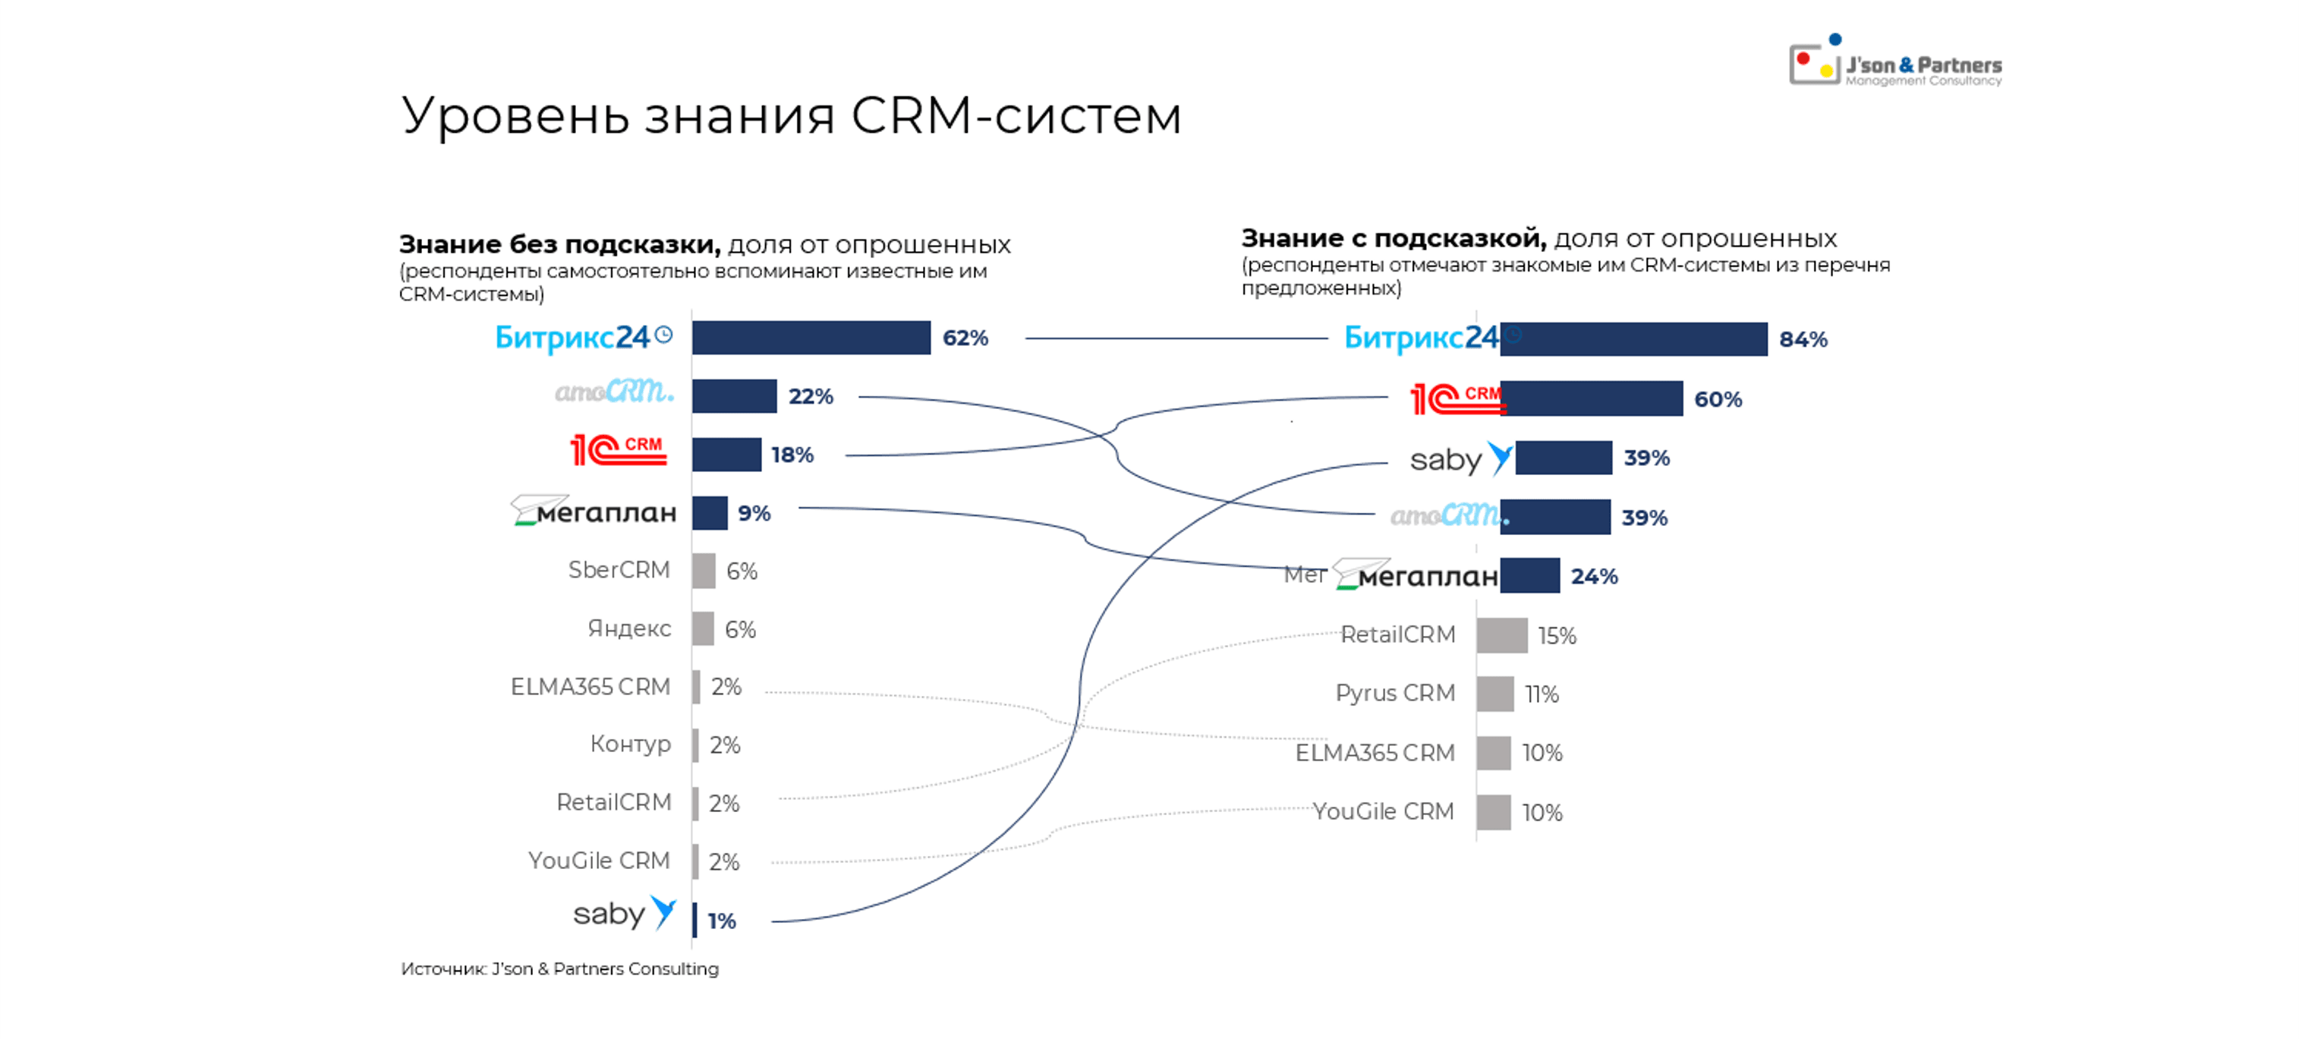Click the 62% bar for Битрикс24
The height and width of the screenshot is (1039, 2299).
[811, 338]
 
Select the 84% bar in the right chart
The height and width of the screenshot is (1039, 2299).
[1633, 339]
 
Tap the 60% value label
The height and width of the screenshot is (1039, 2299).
[1718, 399]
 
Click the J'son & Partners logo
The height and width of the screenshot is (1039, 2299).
[1896, 62]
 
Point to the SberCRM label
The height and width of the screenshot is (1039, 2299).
[619, 569]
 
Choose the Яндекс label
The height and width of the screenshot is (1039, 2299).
[628, 628]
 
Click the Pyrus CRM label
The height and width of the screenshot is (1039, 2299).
[1395, 693]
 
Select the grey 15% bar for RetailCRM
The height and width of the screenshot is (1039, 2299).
[1501, 635]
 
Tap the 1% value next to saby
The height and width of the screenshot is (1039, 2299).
[721, 921]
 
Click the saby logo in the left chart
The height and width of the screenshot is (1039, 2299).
[624, 913]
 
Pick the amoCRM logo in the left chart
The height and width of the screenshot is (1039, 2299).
[614, 392]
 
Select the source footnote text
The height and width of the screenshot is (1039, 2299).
[559, 968]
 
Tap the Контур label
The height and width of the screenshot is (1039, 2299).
[630, 744]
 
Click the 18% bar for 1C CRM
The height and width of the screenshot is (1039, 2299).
[726, 455]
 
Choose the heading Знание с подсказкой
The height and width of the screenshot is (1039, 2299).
[1392, 238]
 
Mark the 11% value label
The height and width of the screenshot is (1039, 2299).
[1542, 694]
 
